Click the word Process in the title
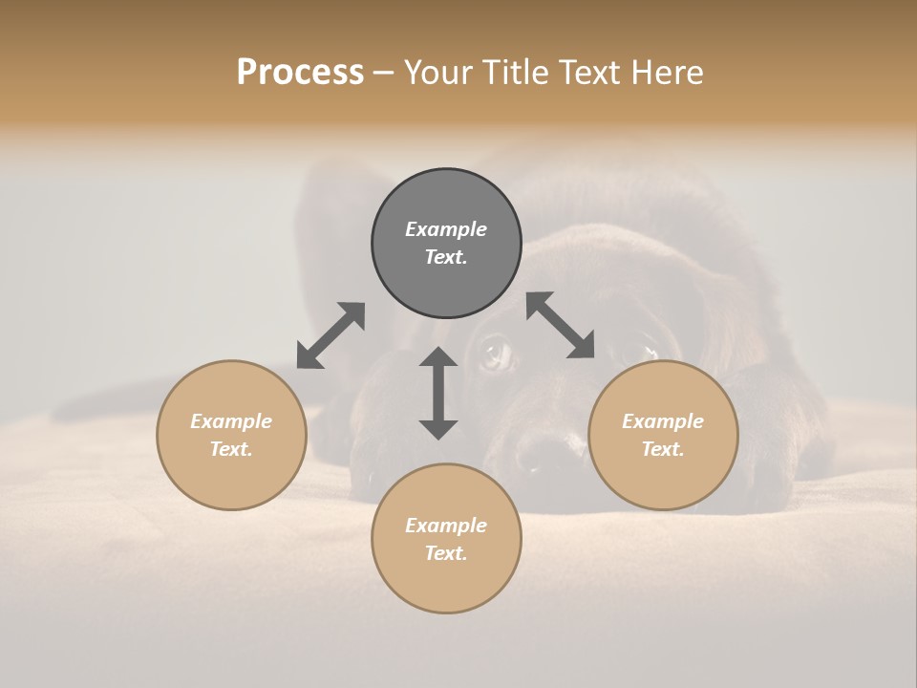pyautogui.click(x=300, y=73)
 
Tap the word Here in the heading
pyautogui.click(x=666, y=73)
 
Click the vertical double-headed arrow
pyautogui.click(x=438, y=393)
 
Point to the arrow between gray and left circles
pyautogui.click(x=331, y=335)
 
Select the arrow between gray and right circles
pyautogui.click(x=561, y=325)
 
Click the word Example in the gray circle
pyautogui.click(x=446, y=229)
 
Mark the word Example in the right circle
pyautogui.click(x=663, y=421)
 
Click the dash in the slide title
pyautogui.click(x=383, y=73)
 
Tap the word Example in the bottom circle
pyautogui.click(x=446, y=526)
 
